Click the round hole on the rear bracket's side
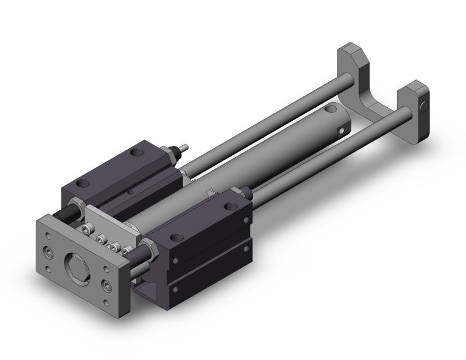[x=424, y=106]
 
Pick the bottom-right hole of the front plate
[x=110, y=288]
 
